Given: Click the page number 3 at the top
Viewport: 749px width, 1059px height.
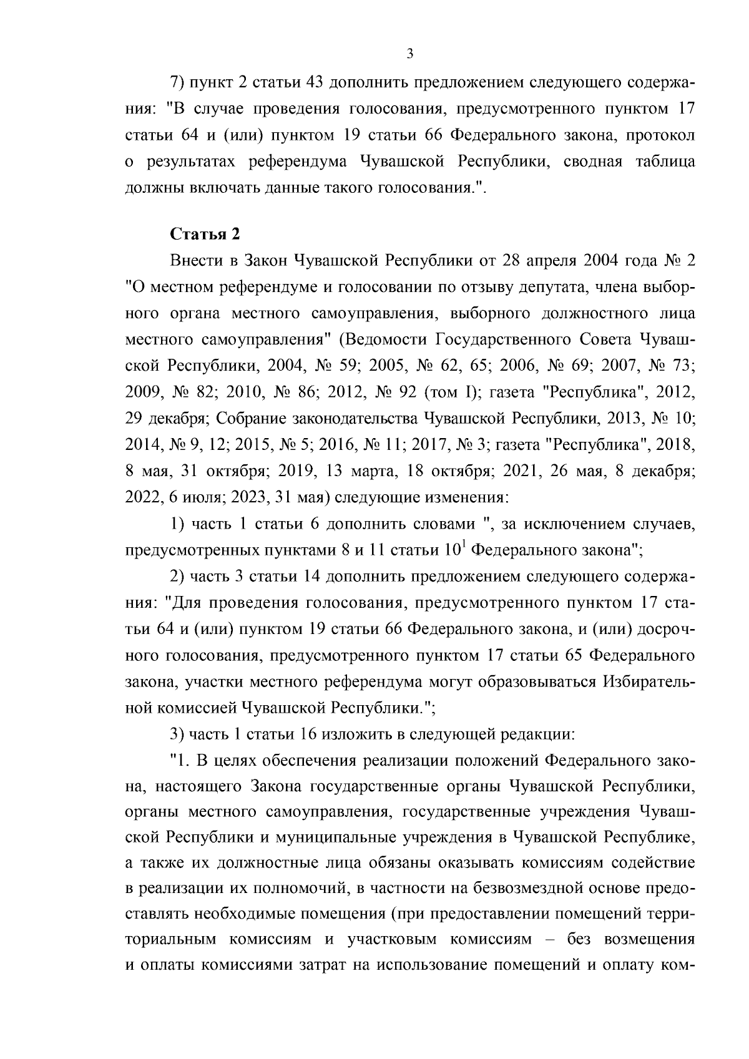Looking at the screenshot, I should tap(409, 54).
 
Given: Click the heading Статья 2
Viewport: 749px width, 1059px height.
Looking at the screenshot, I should tap(205, 235).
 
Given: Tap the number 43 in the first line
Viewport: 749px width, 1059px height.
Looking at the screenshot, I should tap(306, 82).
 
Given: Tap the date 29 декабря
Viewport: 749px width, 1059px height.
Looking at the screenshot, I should tap(165, 418).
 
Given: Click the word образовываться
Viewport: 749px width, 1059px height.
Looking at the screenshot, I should tap(538, 682).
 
